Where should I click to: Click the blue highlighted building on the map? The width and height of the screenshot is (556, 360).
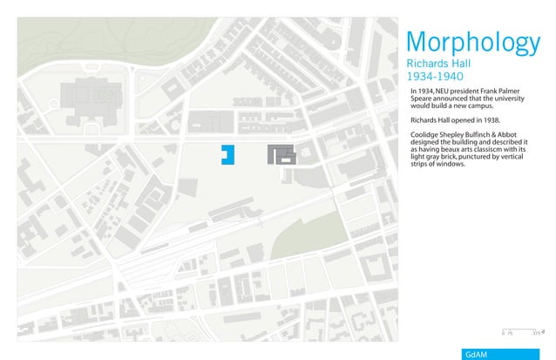[227, 154]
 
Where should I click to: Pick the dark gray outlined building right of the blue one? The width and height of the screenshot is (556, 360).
[282, 155]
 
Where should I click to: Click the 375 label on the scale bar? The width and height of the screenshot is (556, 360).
[536, 333]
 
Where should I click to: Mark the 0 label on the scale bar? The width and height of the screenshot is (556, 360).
[503, 333]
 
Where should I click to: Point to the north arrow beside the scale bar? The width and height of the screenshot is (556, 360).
[543, 331]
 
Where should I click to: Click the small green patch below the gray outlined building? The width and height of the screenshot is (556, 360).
[288, 173]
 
